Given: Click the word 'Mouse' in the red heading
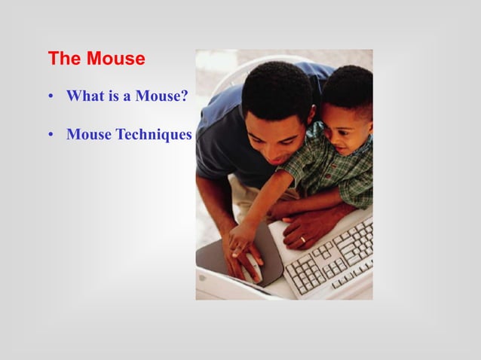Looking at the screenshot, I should click(115, 58).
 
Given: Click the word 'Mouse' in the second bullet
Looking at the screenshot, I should click(89, 135).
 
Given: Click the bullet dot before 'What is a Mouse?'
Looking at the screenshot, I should click(51, 97).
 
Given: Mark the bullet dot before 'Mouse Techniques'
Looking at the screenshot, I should click(51, 136).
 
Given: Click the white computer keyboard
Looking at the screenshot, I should click(332, 256).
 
